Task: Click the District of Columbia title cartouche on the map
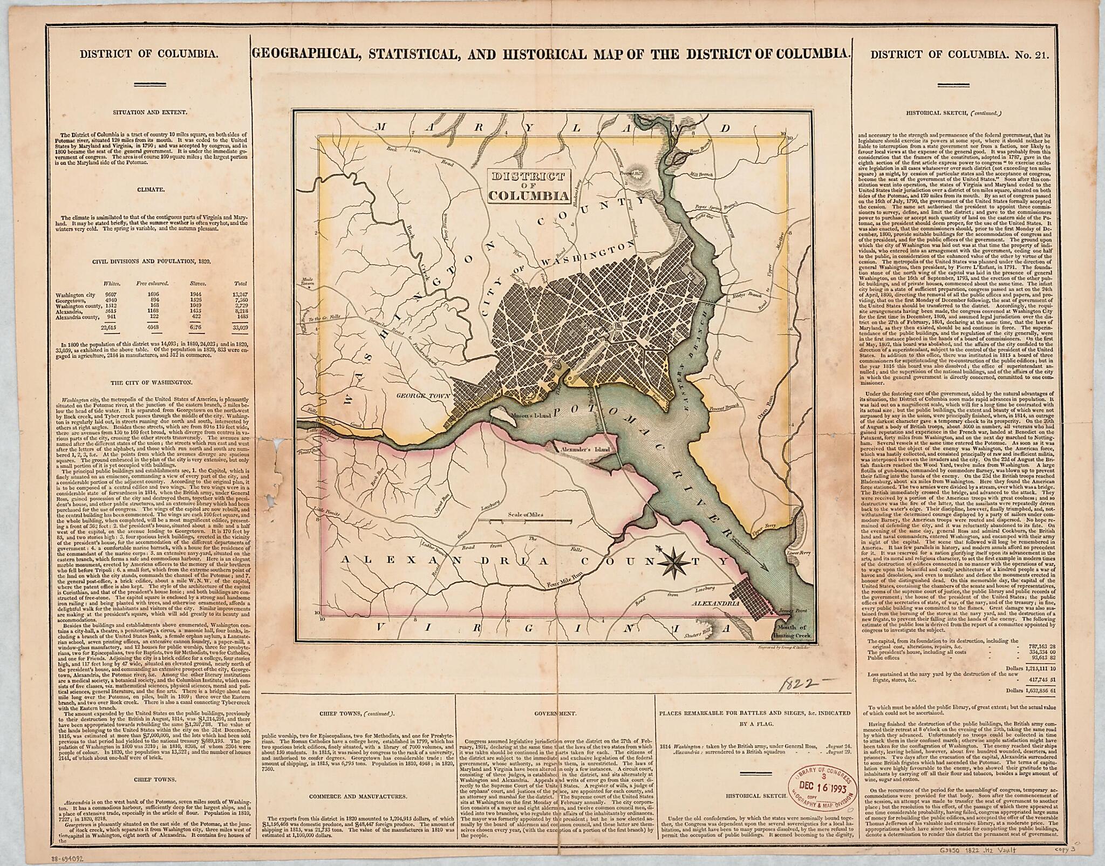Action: click(528, 186)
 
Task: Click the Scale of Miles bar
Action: click(528, 521)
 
